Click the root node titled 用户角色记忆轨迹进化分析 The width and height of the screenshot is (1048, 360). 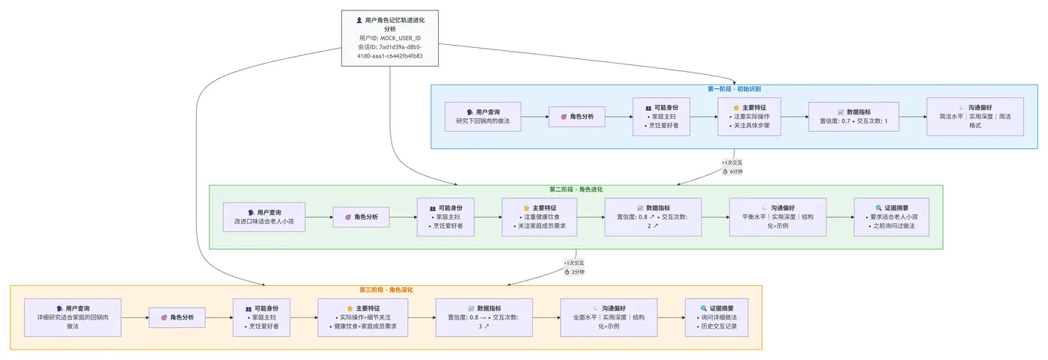click(390, 39)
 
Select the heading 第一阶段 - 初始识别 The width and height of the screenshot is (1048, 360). click(734, 89)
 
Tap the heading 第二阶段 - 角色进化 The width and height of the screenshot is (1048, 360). click(575, 189)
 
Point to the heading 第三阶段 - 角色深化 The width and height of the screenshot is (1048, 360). click(386, 290)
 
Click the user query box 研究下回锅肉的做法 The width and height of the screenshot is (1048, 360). click(483, 117)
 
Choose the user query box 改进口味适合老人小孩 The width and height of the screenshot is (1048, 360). click(264, 217)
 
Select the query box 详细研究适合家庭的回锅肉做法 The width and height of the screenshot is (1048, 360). click(73, 317)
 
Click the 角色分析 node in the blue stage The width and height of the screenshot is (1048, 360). click(576, 117)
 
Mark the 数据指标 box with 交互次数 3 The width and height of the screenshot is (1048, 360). click(484, 317)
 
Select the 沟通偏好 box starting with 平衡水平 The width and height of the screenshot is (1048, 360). click(777, 217)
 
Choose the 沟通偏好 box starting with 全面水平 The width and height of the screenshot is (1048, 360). click(609, 317)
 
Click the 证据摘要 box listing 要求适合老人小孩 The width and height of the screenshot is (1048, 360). click(892, 217)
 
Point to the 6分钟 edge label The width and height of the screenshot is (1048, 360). click(731, 171)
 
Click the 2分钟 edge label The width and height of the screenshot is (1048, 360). click(574, 272)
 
